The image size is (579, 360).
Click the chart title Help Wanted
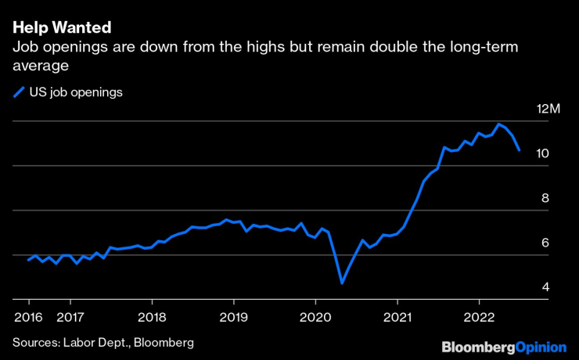tap(61, 27)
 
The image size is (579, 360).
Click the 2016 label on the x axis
tap(28, 317)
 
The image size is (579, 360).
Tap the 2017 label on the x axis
tap(70, 317)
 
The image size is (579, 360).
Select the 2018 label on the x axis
tap(152, 317)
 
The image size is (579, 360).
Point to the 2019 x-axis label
tap(233, 317)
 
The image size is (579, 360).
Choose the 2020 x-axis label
tap(315, 317)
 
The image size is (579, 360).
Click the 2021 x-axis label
tap(397, 317)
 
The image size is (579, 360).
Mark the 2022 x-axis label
tap(479, 317)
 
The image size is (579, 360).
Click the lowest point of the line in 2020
tap(342, 283)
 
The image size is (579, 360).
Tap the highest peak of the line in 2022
tap(498, 124)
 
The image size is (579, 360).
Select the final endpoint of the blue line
tap(519, 150)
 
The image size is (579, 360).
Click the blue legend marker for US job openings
tap(20, 92)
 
